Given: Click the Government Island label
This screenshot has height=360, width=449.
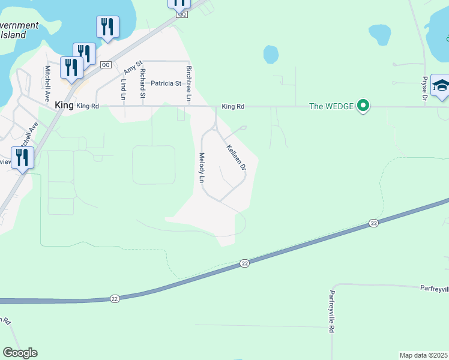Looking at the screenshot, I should (18, 30).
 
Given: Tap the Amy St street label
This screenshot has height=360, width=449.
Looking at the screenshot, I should (132, 66).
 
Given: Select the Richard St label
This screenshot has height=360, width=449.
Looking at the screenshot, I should (142, 83).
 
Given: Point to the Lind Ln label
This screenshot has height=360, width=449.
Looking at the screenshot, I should (124, 89).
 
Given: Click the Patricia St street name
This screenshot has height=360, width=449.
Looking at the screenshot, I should (166, 83).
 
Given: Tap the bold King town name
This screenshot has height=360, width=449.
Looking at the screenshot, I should (64, 105).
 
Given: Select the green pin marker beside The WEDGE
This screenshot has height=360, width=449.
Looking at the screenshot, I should (363, 106).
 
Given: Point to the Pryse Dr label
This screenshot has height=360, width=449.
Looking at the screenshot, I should (424, 88).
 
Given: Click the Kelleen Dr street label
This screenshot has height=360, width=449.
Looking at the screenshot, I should (236, 157).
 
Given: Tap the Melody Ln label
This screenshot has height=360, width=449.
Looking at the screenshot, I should (202, 167).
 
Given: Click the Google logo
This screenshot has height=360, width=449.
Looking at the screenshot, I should (20, 352).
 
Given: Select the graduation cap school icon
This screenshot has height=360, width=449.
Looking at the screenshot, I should (441, 85).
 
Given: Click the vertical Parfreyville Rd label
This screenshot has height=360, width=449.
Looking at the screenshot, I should (331, 311).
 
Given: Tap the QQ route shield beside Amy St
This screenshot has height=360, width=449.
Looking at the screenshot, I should (106, 64).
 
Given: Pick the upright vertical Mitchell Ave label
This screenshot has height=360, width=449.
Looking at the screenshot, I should (47, 83).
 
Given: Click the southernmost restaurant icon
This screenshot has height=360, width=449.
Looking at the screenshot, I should (22, 158).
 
